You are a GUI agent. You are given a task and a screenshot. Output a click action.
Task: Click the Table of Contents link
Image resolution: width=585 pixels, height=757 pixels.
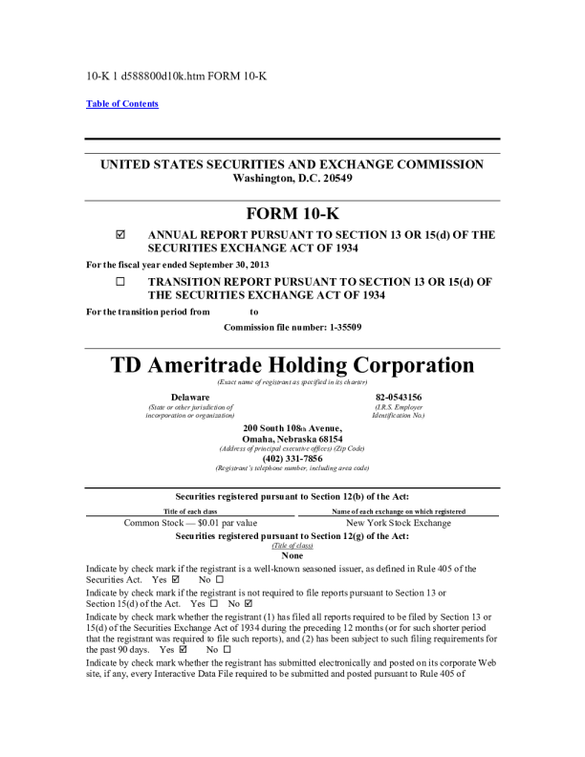tap(122, 104)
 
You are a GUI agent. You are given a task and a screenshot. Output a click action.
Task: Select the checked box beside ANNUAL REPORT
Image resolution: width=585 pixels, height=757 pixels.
tap(120, 234)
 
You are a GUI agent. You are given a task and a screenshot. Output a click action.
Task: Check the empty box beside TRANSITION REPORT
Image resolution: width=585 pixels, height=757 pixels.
tap(120, 283)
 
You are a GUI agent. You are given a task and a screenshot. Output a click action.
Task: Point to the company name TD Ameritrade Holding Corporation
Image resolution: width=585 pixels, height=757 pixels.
tap(292, 365)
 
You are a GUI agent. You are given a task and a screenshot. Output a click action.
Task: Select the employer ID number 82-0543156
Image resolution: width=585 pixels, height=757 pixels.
tap(399, 397)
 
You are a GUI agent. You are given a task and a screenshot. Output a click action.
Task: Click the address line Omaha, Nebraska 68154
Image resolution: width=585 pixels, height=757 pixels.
tap(292, 439)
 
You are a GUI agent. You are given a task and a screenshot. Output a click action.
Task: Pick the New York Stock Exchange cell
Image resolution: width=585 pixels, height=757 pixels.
tap(399, 523)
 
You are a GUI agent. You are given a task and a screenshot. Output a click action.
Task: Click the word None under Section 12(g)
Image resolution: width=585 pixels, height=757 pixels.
tap(292, 555)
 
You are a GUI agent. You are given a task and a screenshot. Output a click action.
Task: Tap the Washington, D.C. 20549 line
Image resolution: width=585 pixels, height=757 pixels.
tap(292, 179)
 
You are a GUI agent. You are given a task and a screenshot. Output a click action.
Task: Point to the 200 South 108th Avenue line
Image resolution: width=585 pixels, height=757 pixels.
tap(292, 427)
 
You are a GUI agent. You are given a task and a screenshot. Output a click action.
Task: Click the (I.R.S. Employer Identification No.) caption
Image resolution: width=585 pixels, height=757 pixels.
tap(399, 411)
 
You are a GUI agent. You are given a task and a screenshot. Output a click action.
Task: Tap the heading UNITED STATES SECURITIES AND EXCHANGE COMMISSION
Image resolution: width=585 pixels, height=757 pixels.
tap(292, 164)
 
